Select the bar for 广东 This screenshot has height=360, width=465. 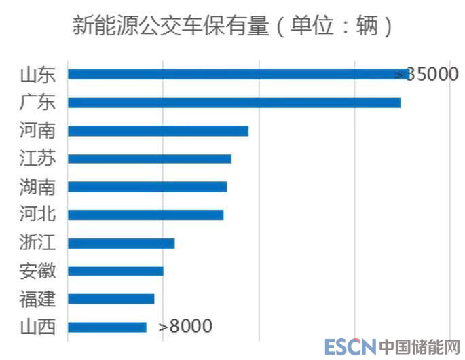[x=234, y=103]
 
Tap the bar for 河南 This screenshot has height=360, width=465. [x=157, y=130]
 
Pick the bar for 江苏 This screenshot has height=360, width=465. [x=149, y=159]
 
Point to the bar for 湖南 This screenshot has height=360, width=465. [x=147, y=187]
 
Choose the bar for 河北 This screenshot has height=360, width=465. [x=145, y=215]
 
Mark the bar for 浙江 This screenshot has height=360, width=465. [x=121, y=243]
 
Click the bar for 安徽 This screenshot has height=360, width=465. [x=115, y=271]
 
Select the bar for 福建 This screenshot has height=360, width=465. [x=111, y=299]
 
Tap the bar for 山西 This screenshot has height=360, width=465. [x=107, y=327]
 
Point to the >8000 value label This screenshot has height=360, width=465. [x=185, y=327]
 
